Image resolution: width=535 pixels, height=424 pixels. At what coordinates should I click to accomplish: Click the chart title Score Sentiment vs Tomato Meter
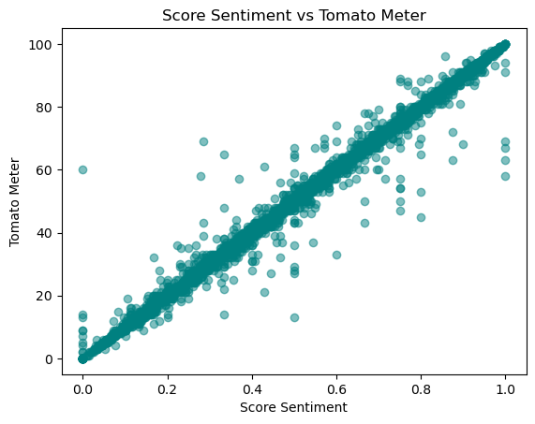click(x=294, y=15)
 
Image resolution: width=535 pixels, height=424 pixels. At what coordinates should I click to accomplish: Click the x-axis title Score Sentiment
click(x=294, y=407)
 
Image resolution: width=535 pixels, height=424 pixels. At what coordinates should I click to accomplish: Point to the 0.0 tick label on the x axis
click(x=82, y=386)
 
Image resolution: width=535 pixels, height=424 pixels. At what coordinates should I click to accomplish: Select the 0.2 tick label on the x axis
click(x=167, y=386)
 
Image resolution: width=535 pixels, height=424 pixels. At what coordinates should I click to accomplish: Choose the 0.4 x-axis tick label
click(x=252, y=386)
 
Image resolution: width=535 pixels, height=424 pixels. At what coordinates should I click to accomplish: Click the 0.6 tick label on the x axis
click(x=336, y=386)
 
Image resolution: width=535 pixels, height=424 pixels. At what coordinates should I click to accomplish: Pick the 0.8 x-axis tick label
click(x=422, y=386)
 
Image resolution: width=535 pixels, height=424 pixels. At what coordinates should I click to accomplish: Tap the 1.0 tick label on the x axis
click(x=506, y=386)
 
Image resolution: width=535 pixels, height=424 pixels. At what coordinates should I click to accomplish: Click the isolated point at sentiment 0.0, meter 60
click(x=82, y=169)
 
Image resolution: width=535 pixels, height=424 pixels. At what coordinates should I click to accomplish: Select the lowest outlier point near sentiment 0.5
click(x=294, y=317)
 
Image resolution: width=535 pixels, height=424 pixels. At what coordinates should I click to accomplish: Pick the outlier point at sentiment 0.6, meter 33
click(x=336, y=255)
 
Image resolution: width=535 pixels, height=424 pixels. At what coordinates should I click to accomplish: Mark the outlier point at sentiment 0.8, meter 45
click(x=422, y=217)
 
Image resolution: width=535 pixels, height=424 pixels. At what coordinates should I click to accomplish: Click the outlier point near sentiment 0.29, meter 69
click(x=203, y=141)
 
